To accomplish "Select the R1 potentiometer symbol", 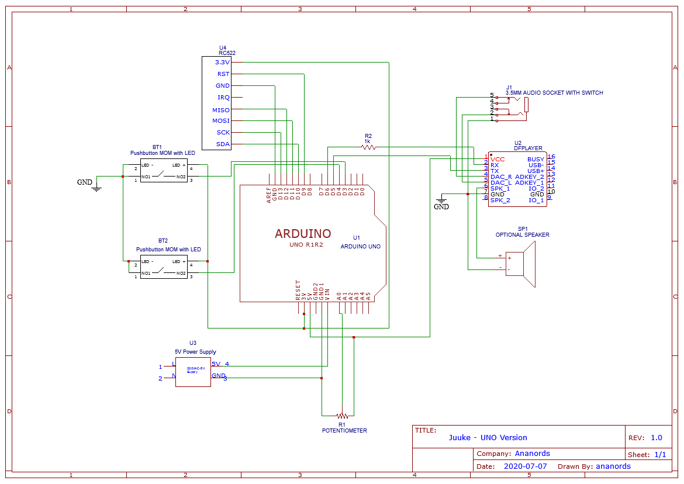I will coord(342,416).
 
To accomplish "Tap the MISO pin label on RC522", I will coord(221,110).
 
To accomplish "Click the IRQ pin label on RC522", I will coord(223,98).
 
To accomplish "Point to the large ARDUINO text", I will coord(303,234).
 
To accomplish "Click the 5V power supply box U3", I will coord(193,372).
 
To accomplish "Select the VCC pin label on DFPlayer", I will coord(498,159).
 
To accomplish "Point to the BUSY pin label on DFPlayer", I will coord(536,159).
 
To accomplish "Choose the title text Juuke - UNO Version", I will coord(488,437).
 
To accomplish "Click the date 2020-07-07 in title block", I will coord(525,466).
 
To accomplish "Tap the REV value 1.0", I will coord(656,437).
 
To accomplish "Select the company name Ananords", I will coord(532,453).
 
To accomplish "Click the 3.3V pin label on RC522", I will coord(222,62).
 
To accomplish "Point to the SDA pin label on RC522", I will coord(223,144).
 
